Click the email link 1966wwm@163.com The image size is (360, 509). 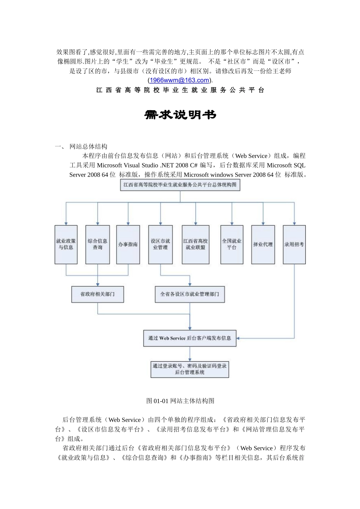[x=180, y=80]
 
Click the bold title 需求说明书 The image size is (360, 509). [x=180, y=115]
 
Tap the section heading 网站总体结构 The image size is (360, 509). [x=88, y=147]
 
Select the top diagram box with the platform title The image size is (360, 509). [x=180, y=185]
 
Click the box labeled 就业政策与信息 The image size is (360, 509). [x=66, y=244]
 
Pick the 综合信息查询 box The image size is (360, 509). [x=97, y=244]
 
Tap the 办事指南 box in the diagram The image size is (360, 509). [x=128, y=244]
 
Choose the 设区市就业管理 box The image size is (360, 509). [x=160, y=244]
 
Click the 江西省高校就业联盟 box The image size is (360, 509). [x=196, y=244]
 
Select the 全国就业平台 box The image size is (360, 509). [x=232, y=244]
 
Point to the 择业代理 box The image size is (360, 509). [x=263, y=244]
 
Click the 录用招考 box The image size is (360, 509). [x=294, y=244]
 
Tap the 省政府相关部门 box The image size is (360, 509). [x=97, y=294]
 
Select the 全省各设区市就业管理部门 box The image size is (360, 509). [x=189, y=294]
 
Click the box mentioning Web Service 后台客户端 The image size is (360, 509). [x=189, y=338]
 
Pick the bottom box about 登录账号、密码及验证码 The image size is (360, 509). [x=189, y=369]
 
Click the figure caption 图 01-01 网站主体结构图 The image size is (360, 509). [x=180, y=401]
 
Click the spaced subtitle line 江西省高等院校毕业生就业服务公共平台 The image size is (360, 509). [x=180, y=90]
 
